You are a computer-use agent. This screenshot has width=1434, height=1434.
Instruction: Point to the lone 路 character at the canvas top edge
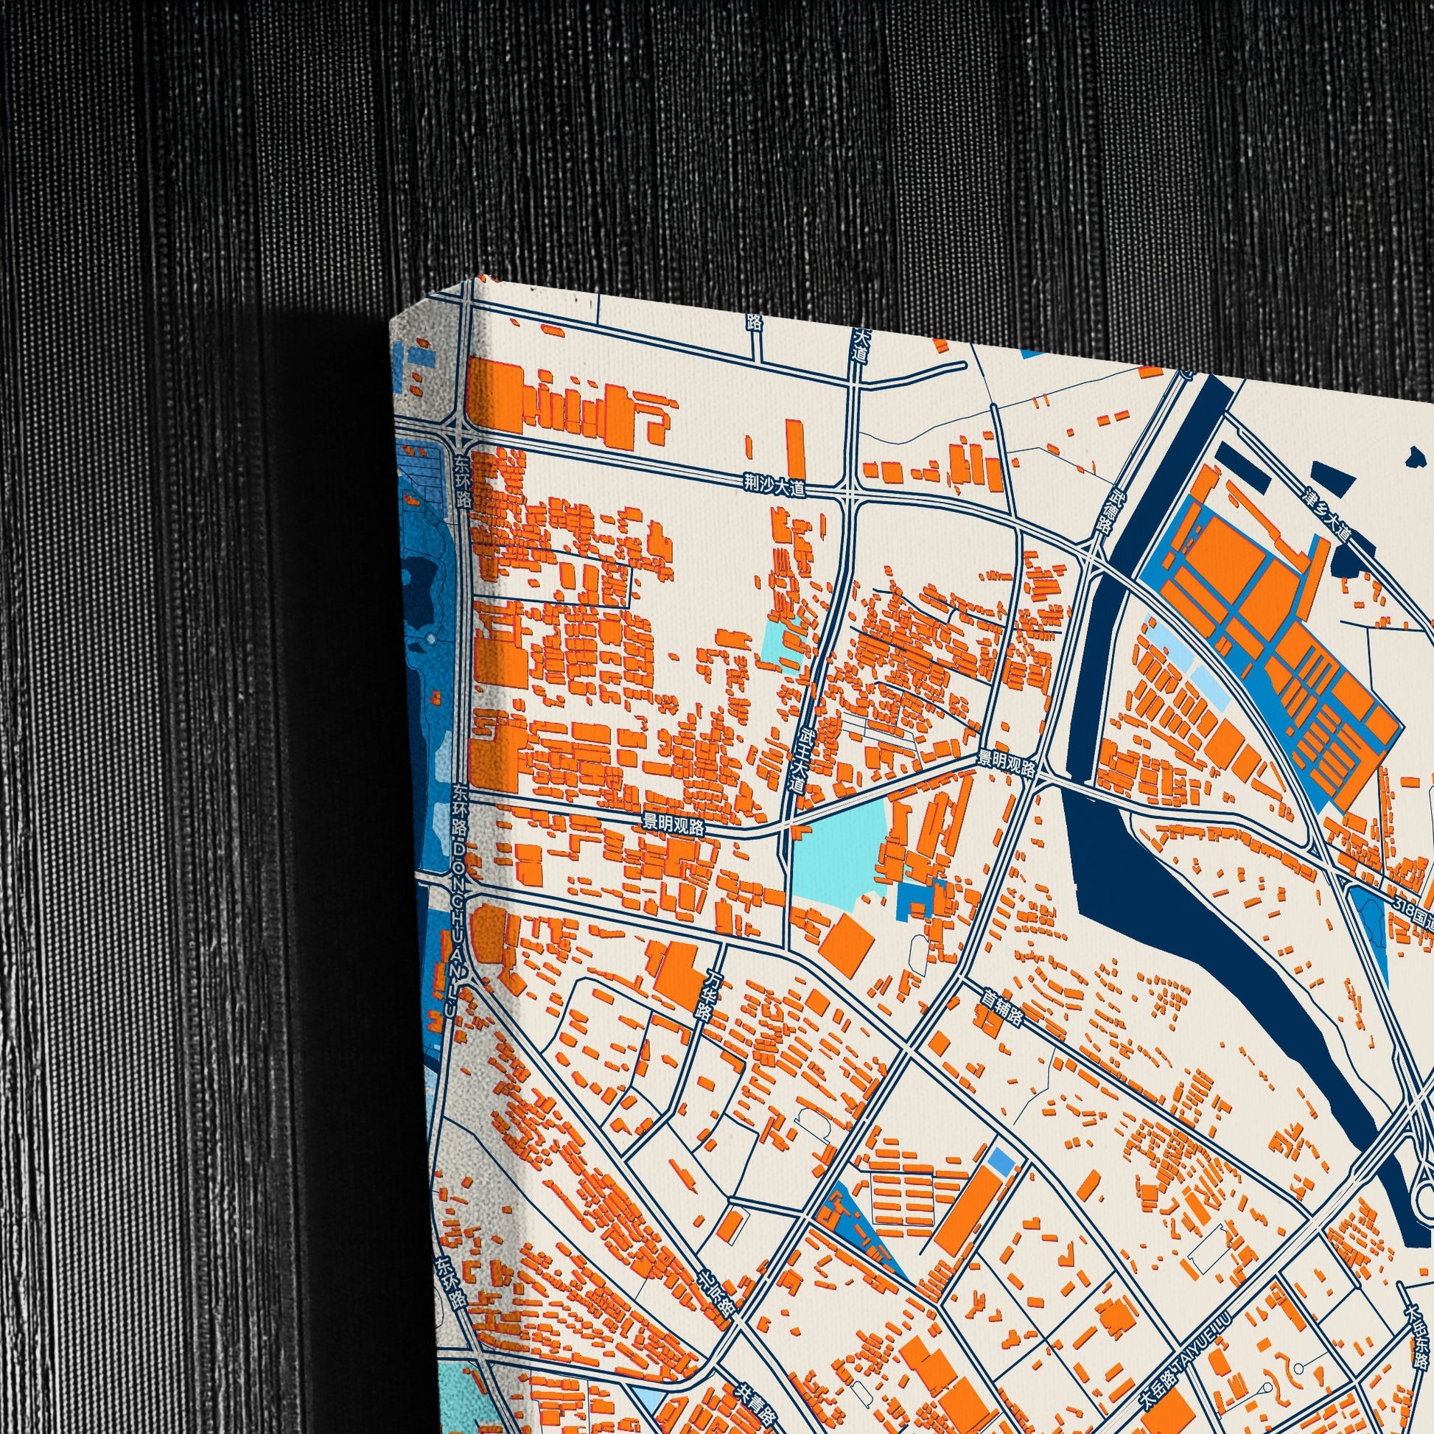pyautogui.click(x=755, y=321)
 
